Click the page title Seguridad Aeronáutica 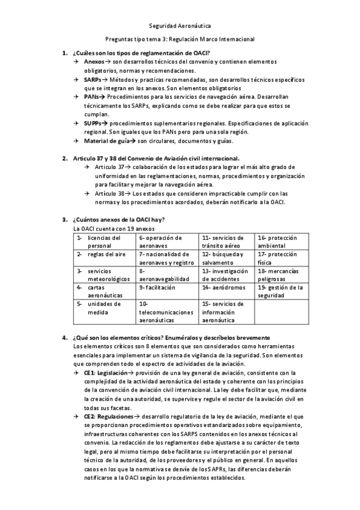pyautogui.click(x=180, y=26)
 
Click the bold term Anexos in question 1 pyautogui.click(x=93, y=62)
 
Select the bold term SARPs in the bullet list pyautogui.click(x=93, y=79)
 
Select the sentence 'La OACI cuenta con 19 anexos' pyautogui.click(x=110, y=229)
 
